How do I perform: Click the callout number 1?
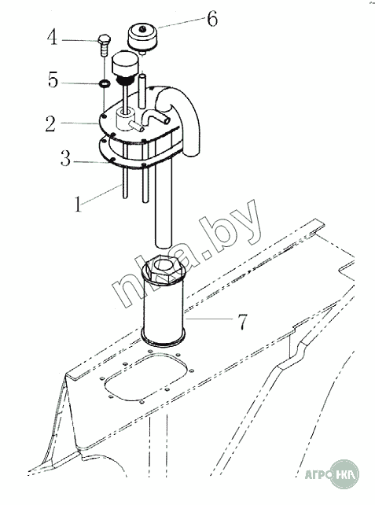[78, 204]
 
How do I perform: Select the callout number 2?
[50, 124]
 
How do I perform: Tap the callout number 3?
[66, 158]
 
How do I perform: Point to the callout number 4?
[52, 37]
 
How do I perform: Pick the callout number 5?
[53, 80]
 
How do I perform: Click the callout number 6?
[212, 19]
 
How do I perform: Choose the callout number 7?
[243, 322]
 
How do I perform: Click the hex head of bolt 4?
[104, 39]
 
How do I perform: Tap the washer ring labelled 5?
[105, 83]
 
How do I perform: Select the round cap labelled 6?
[142, 36]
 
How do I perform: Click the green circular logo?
[344, 474]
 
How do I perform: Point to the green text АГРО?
[318, 474]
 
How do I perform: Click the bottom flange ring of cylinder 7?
[164, 339]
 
